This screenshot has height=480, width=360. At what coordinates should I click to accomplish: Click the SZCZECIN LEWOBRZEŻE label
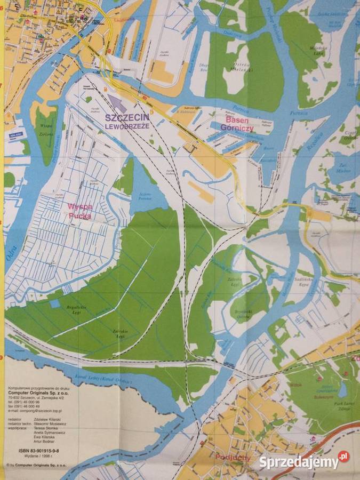point(127,121)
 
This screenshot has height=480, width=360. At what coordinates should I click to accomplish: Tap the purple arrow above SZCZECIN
point(118,103)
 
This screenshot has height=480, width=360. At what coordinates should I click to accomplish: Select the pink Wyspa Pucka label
point(79,211)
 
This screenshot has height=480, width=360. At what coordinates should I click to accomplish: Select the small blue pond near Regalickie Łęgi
point(54,303)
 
